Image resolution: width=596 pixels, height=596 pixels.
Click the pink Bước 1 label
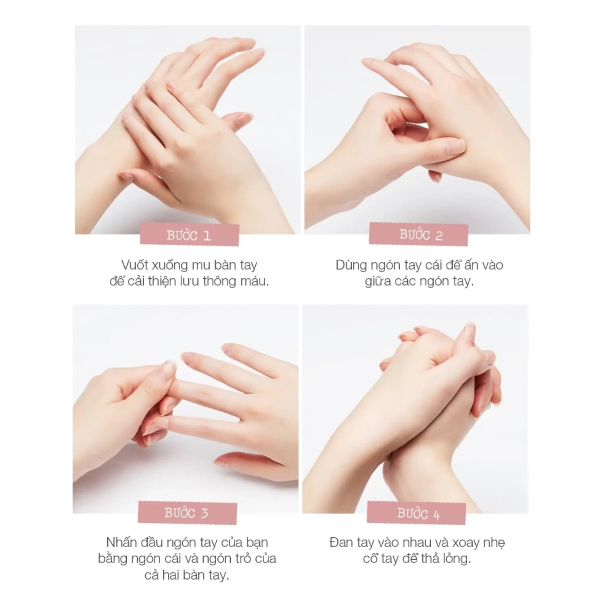(x=190, y=235)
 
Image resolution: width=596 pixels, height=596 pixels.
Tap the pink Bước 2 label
(x=419, y=234)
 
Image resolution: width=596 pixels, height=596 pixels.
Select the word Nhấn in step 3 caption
(x=122, y=542)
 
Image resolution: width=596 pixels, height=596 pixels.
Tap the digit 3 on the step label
(x=205, y=513)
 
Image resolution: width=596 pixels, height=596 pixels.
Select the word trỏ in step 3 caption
(x=243, y=558)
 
